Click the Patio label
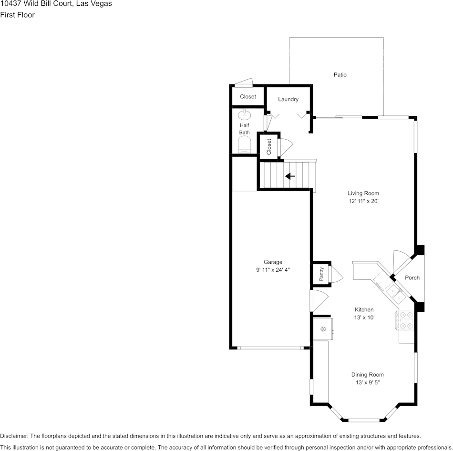click(340, 74)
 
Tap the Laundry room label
click(288, 99)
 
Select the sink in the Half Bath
click(245, 115)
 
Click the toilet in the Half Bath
click(245, 144)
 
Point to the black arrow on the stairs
click(290, 176)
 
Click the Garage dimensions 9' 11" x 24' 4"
click(273, 270)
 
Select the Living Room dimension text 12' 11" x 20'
click(363, 201)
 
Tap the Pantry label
click(321, 274)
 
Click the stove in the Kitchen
click(406, 320)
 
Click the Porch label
click(412, 277)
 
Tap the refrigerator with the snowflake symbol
click(323, 329)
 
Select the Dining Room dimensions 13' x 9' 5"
click(368, 382)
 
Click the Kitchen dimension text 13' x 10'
click(364, 318)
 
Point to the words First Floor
click(17, 15)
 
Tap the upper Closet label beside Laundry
click(248, 96)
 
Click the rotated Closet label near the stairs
click(269, 147)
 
